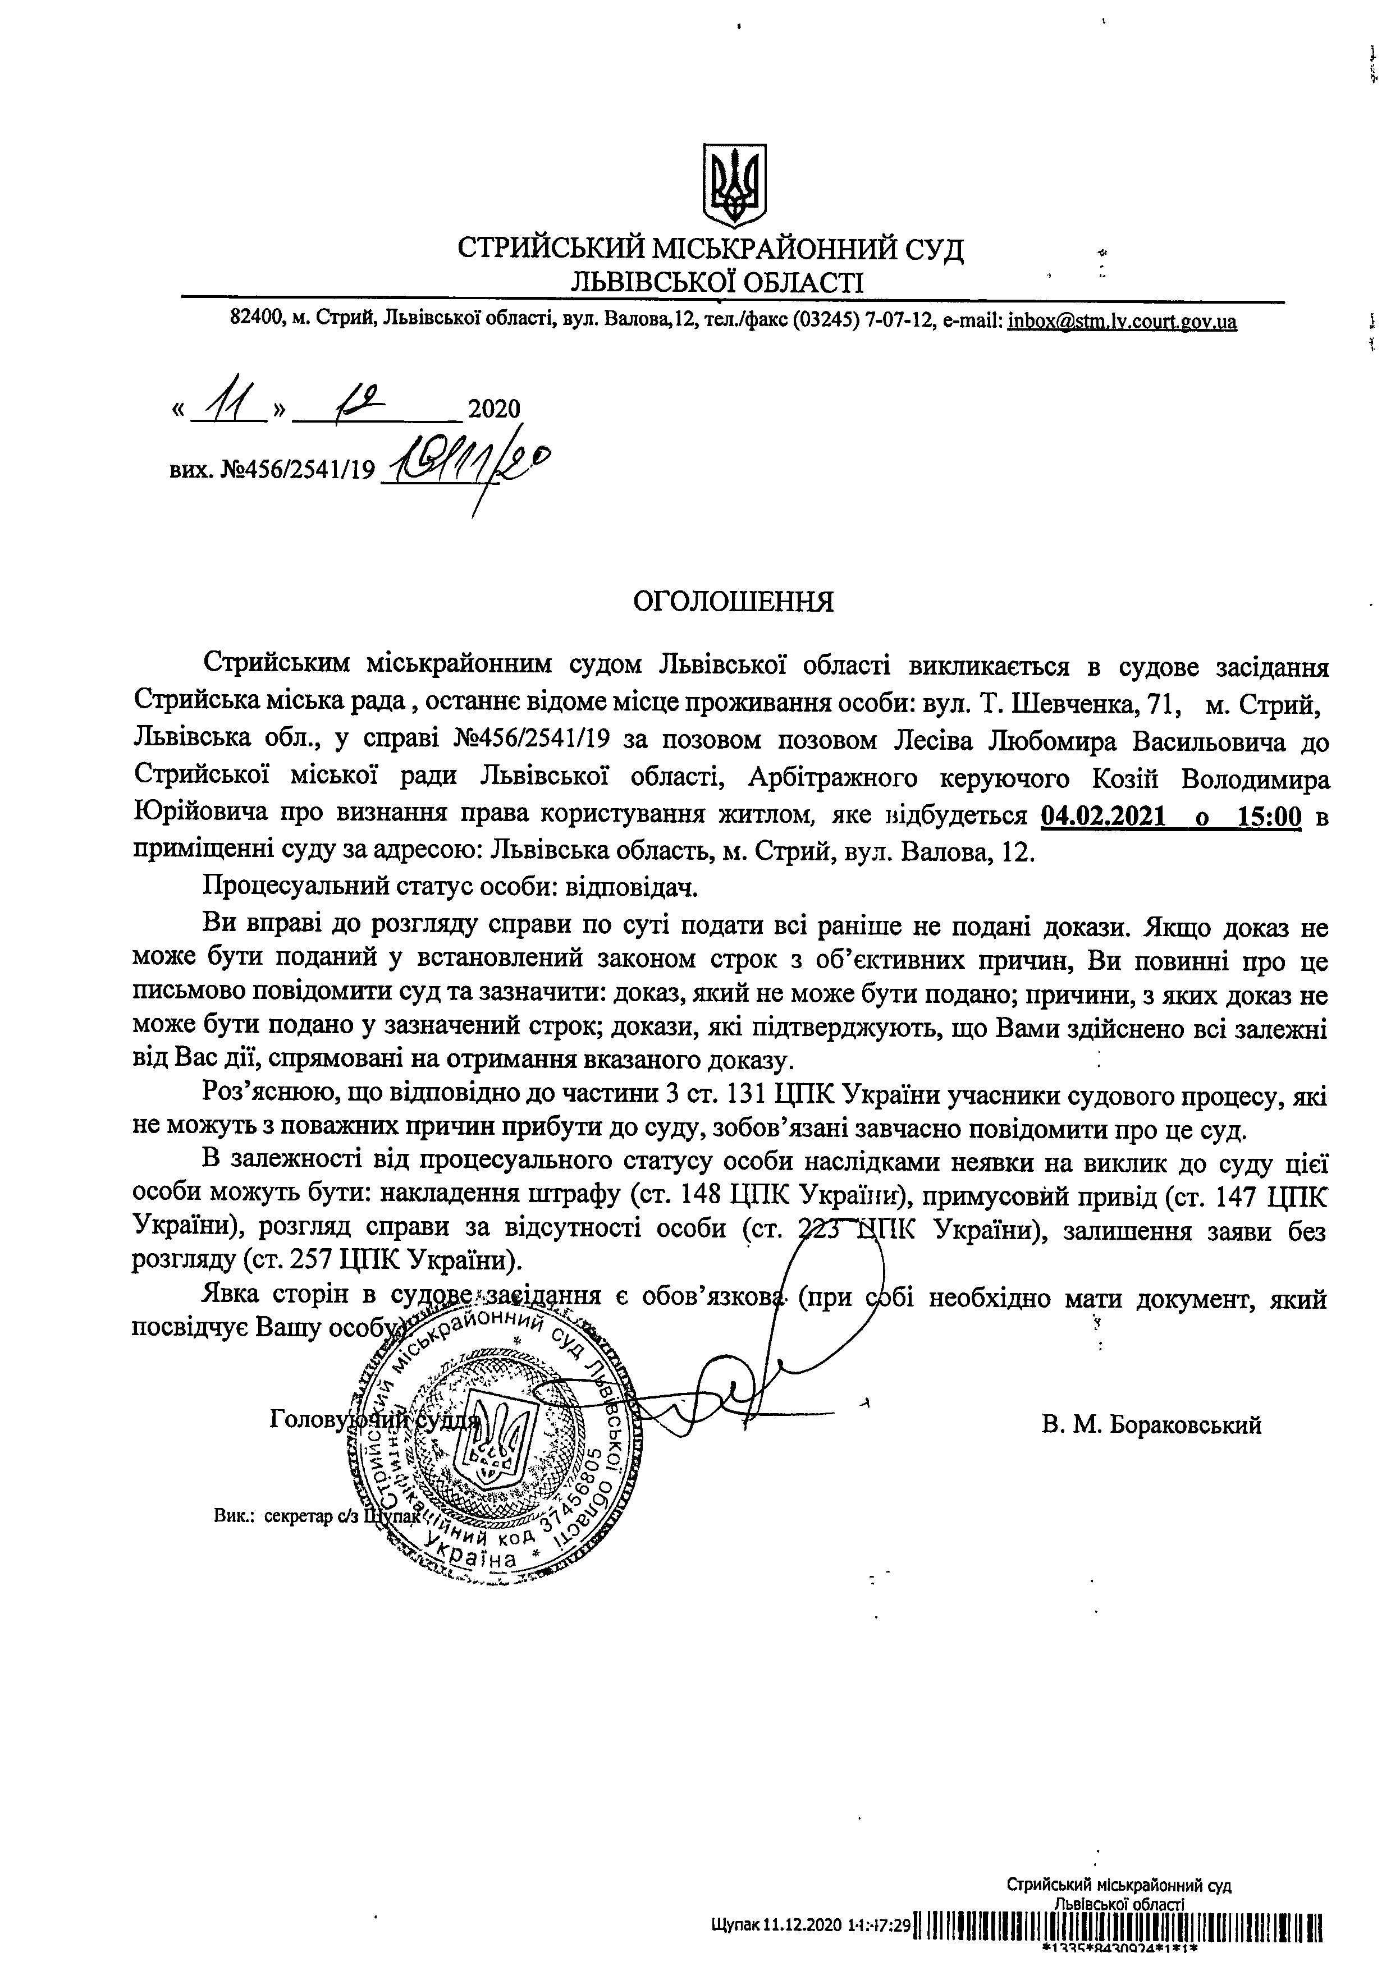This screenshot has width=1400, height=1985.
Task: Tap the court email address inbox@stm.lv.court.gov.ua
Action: (1122, 323)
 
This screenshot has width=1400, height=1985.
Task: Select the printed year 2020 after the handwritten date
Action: (494, 408)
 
